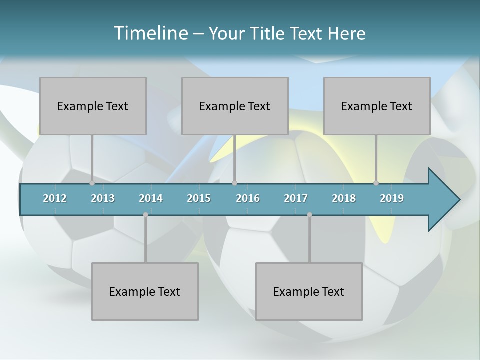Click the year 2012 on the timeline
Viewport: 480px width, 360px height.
pyautogui.click(x=55, y=198)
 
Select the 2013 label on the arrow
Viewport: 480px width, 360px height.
pyautogui.click(x=103, y=198)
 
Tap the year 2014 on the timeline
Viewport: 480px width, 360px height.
pyautogui.click(x=151, y=198)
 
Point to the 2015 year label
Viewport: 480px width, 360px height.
pyautogui.click(x=199, y=198)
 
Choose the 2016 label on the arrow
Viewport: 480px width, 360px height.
pyautogui.click(x=248, y=198)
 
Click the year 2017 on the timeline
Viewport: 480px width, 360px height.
pyautogui.click(x=296, y=198)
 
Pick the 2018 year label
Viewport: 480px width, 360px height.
pyautogui.click(x=344, y=198)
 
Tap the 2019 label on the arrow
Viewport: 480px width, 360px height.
pyautogui.click(x=392, y=198)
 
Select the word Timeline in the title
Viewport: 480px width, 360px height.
pyautogui.click(x=149, y=33)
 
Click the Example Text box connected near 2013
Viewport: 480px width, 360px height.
pyautogui.click(x=93, y=106)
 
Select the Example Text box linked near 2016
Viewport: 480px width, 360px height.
pyautogui.click(x=235, y=106)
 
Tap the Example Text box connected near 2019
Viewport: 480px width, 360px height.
pyautogui.click(x=377, y=106)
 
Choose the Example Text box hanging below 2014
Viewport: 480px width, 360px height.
pyautogui.click(x=145, y=291)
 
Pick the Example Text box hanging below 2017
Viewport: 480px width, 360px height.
pyautogui.click(x=309, y=291)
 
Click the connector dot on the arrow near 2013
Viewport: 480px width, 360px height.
pyautogui.click(x=92, y=183)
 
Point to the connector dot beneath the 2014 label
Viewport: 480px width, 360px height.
pyautogui.click(x=145, y=214)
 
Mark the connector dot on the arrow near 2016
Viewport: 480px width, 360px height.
pyautogui.click(x=234, y=183)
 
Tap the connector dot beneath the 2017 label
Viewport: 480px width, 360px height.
pyautogui.click(x=309, y=214)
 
